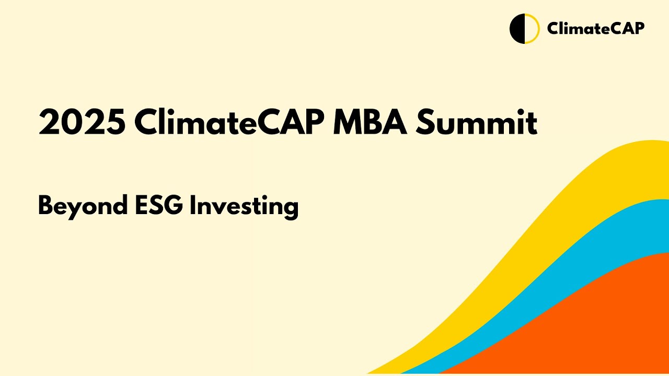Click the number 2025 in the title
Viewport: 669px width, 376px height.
point(82,123)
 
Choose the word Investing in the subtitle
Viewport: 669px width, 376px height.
point(244,207)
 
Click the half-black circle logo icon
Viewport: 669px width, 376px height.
point(524,29)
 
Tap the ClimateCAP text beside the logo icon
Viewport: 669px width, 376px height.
point(595,28)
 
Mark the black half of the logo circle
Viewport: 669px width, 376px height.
point(517,29)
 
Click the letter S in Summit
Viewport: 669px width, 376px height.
point(428,123)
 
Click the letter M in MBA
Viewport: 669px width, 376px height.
point(348,123)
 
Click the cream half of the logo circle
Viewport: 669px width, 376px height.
point(530,29)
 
